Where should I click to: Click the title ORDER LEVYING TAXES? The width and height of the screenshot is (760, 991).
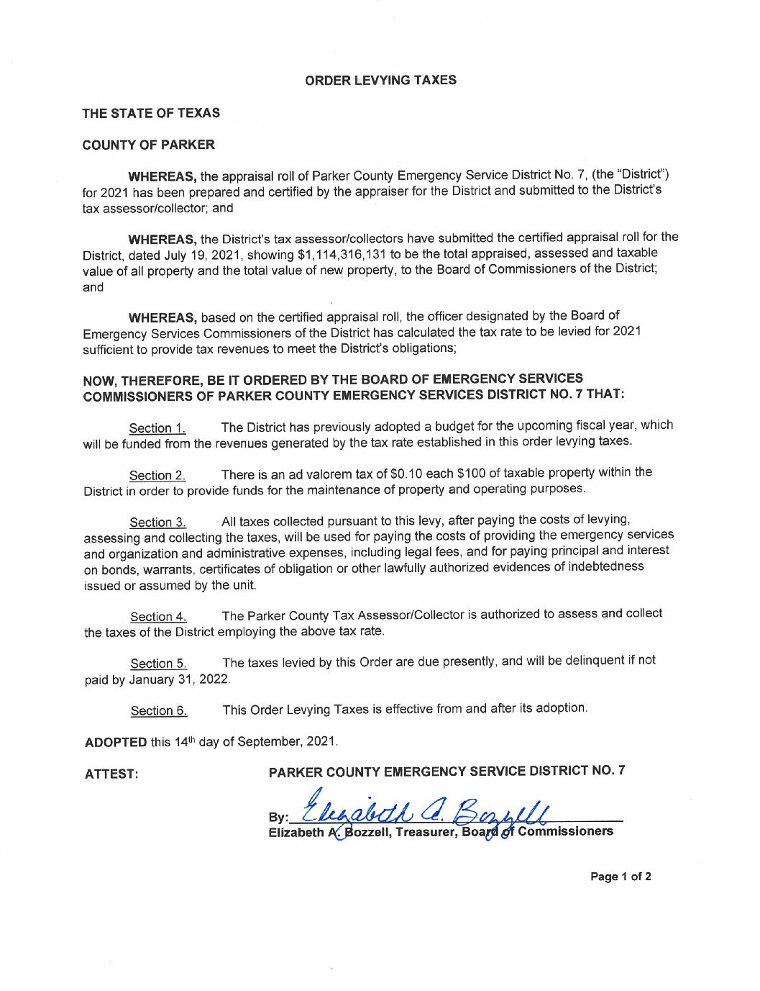click(380, 80)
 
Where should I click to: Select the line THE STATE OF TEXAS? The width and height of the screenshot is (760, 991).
click(151, 113)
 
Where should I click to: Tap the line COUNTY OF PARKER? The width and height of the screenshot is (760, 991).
click(148, 145)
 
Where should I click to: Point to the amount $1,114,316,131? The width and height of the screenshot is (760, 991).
click(342, 254)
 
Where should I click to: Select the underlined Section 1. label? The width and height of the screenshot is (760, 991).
click(157, 428)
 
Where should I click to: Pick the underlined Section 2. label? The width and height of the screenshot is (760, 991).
click(157, 476)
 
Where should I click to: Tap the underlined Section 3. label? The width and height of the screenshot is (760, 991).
click(158, 522)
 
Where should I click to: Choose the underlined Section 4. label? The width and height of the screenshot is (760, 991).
click(158, 617)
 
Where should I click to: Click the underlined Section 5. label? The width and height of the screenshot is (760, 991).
click(159, 664)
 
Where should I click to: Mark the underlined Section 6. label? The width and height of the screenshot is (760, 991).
click(159, 711)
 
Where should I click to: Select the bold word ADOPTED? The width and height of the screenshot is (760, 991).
click(116, 742)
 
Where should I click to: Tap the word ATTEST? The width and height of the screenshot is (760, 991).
click(111, 774)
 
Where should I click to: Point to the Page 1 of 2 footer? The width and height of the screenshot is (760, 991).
click(621, 877)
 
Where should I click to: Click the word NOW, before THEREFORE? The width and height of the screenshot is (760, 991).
click(100, 381)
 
